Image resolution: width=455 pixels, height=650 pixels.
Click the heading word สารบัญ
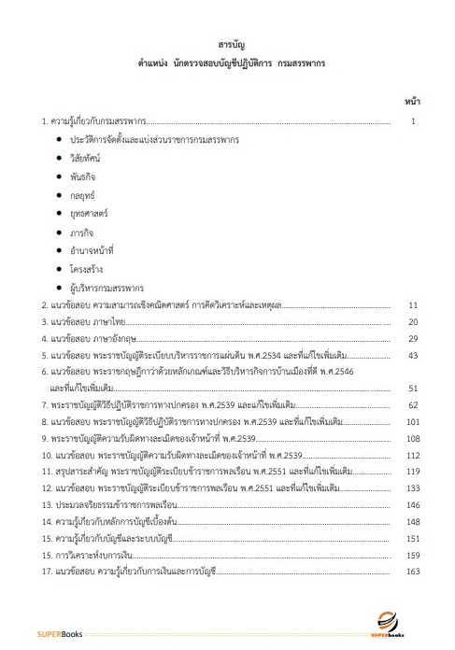click(227, 44)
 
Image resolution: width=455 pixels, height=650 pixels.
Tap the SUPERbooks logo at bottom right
click(386, 620)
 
